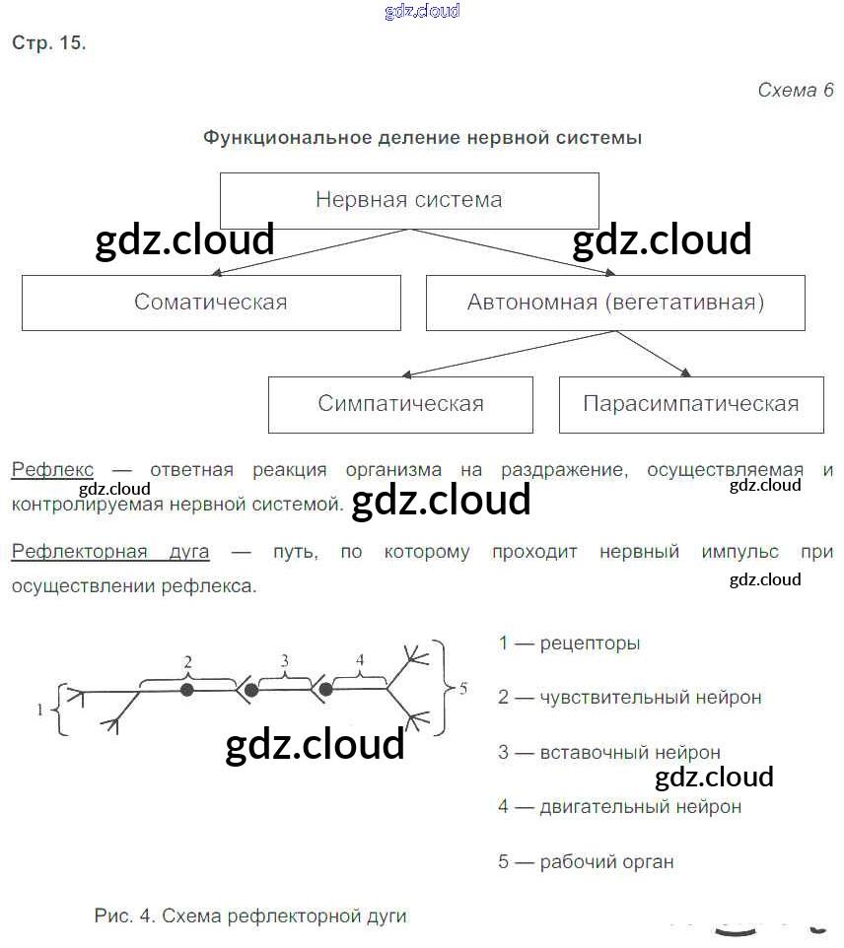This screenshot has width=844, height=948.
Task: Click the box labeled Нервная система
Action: (x=408, y=200)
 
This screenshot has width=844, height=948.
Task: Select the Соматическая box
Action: (x=211, y=302)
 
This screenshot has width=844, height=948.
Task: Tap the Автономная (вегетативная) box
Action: (x=615, y=302)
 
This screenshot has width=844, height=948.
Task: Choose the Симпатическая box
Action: (x=400, y=403)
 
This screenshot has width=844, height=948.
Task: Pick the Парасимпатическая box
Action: (x=690, y=403)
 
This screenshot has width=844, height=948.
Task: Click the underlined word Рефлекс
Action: (x=52, y=470)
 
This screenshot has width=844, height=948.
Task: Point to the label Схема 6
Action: (x=795, y=90)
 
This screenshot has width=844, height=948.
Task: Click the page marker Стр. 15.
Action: (x=48, y=43)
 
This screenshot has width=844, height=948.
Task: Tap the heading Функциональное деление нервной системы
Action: (x=422, y=138)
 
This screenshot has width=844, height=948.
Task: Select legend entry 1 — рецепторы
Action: (x=569, y=643)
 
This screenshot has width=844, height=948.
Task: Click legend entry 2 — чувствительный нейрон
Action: (x=629, y=698)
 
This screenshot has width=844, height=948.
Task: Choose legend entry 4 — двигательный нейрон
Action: (x=619, y=807)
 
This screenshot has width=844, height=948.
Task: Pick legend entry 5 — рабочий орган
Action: (x=586, y=862)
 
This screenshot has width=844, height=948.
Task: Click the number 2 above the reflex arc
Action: (x=187, y=660)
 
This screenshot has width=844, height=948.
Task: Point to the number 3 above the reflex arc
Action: (x=284, y=660)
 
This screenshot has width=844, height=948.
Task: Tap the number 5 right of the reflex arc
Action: (x=463, y=688)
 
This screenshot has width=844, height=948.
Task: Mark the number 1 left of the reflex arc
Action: (x=40, y=709)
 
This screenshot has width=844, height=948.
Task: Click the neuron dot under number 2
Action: (x=187, y=690)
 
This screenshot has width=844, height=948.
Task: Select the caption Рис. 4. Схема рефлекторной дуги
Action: (x=250, y=916)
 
